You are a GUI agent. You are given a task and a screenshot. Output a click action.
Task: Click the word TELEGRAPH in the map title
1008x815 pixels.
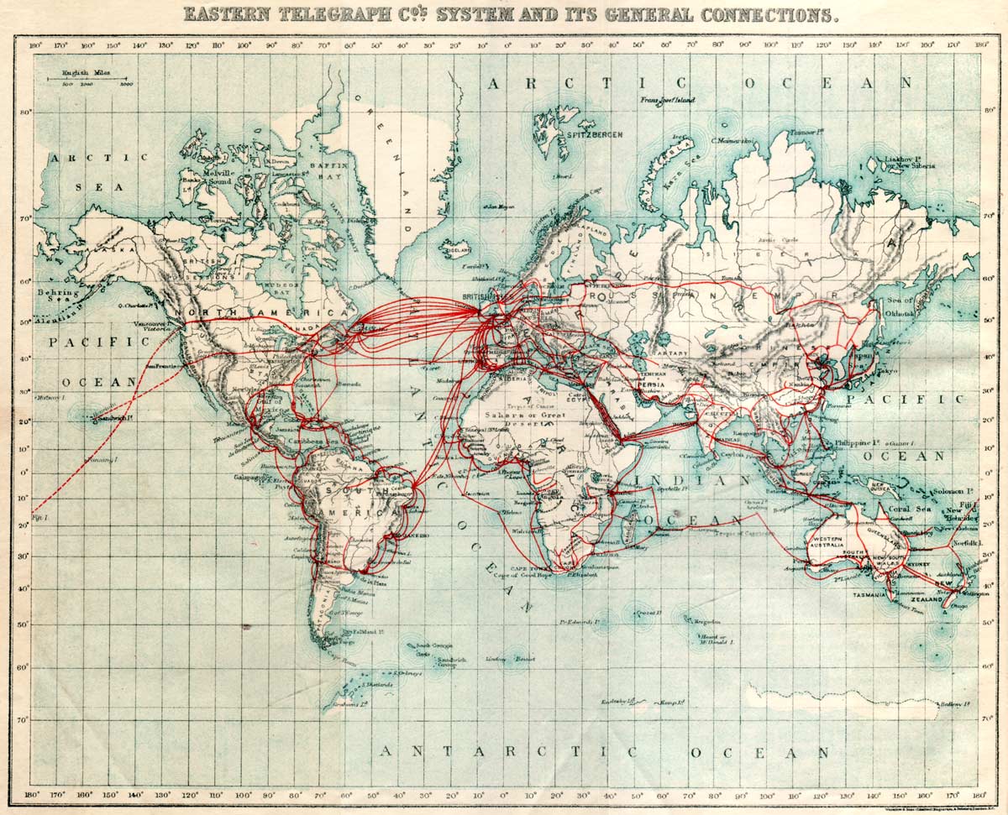click(333, 14)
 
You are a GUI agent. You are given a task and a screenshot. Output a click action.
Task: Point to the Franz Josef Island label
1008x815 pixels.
click(668, 101)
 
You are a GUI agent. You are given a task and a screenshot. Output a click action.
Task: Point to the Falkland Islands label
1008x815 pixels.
click(366, 631)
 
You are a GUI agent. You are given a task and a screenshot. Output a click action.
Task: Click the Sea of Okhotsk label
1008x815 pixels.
click(899, 306)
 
